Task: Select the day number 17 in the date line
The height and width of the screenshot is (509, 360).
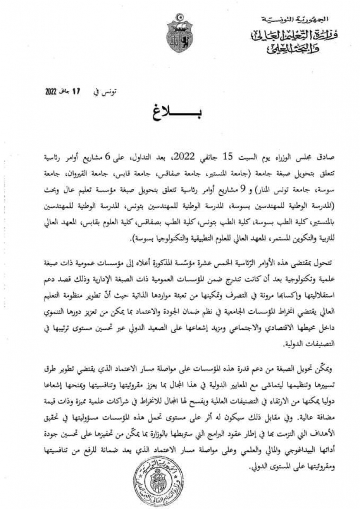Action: click(x=77, y=92)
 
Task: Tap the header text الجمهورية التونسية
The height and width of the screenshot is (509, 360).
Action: click(x=296, y=19)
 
